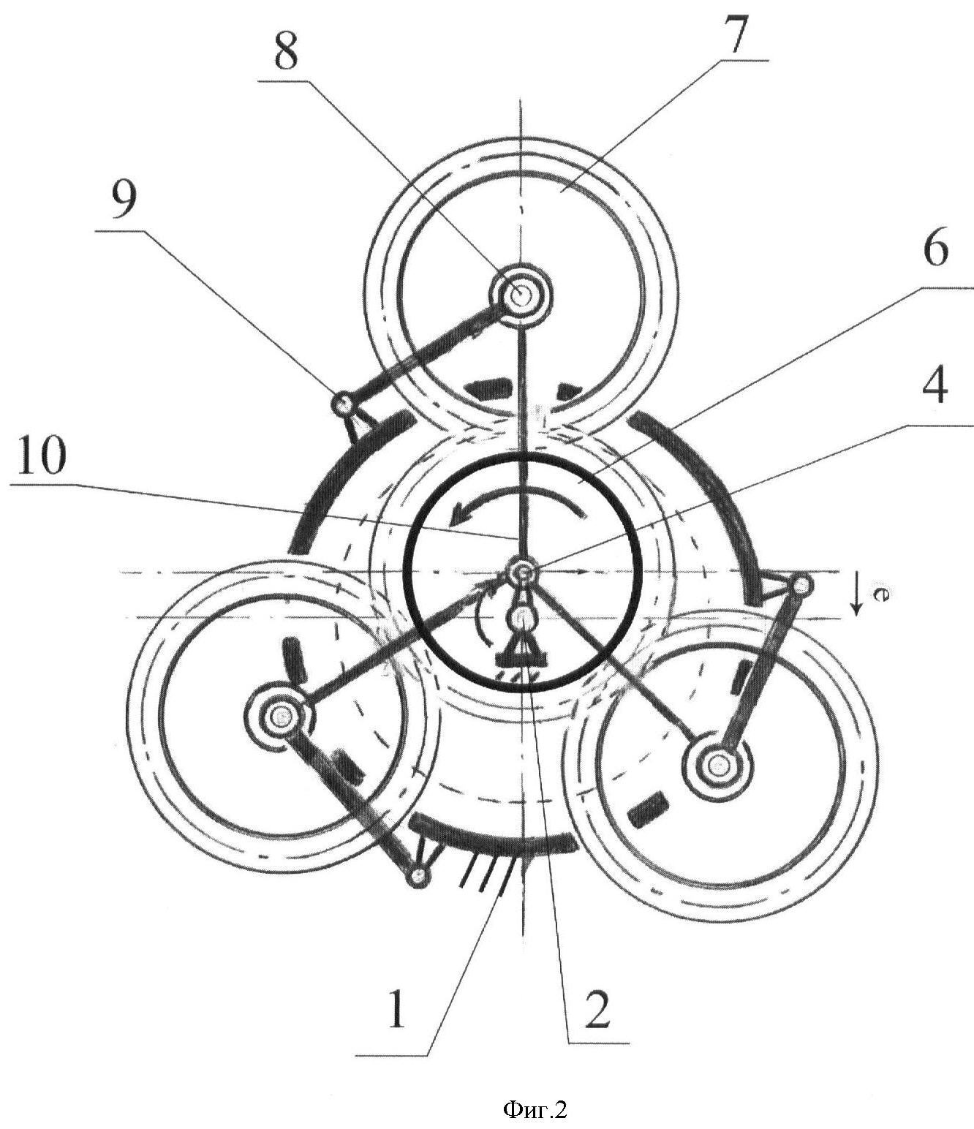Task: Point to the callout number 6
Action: pyautogui.click(x=935, y=249)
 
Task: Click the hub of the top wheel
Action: pyautogui.click(x=519, y=296)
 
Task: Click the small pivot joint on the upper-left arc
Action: pyautogui.click(x=344, y=403)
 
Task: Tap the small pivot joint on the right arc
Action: pyautogui.click(x=802, y=586)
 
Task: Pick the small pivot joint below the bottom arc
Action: pyautogui.click(x=418, y=877)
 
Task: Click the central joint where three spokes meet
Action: pyautogui.click(x=522, y=572)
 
